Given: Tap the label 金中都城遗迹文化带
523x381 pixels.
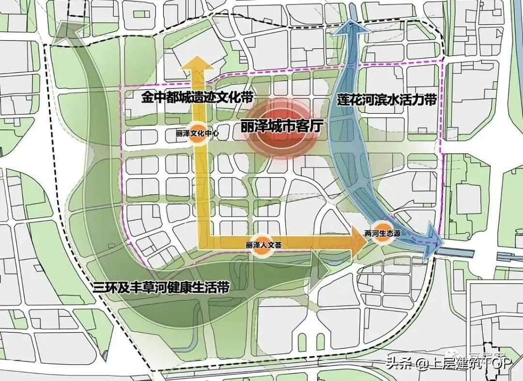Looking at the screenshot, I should coord(198,97).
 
